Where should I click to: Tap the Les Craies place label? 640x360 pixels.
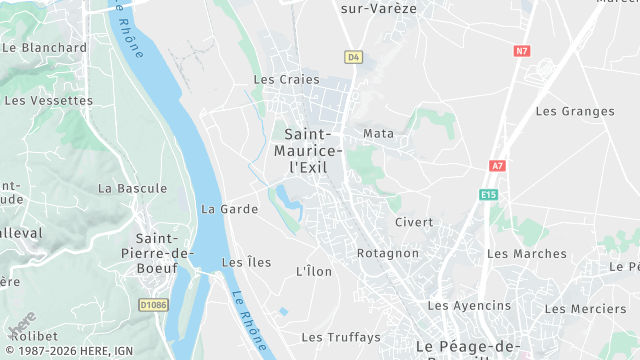(x=286, y=80)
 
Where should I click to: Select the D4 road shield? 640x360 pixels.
(x=353, y=57)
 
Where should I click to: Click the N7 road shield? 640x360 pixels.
(x=522, y=50)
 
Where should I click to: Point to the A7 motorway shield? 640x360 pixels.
(x=497, y=165)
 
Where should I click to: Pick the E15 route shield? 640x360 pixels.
(x=488, y=194)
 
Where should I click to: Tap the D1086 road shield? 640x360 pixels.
(x=153, y=304)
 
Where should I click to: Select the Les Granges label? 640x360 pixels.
(x=575, y=111)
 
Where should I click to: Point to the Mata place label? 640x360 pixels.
(x=379, y=133)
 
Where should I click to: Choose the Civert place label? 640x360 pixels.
(x=413, y=222)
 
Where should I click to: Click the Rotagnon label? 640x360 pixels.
(x=388, y=253)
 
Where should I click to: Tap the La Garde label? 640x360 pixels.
(x=229, y=209)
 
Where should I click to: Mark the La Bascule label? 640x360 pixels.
(x=133, y=188)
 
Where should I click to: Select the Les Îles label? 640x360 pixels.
(x=246, y=263)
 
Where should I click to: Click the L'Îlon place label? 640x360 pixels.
(x=314, y=271)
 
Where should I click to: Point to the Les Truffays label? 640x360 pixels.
(x=341, y=337)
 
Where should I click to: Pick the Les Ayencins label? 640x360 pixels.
(x=469, y=305)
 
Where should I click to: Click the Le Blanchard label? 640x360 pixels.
(x=45, y=47)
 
